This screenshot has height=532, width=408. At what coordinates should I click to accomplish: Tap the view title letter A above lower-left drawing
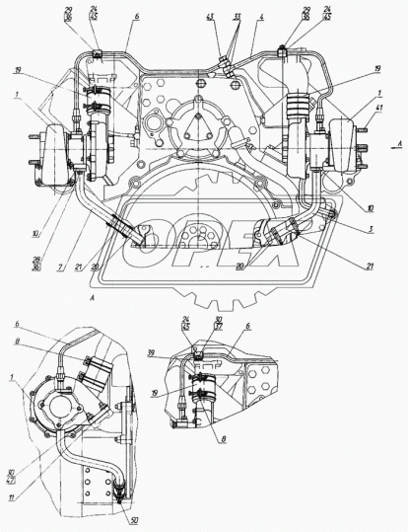(x=92, y=296)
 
